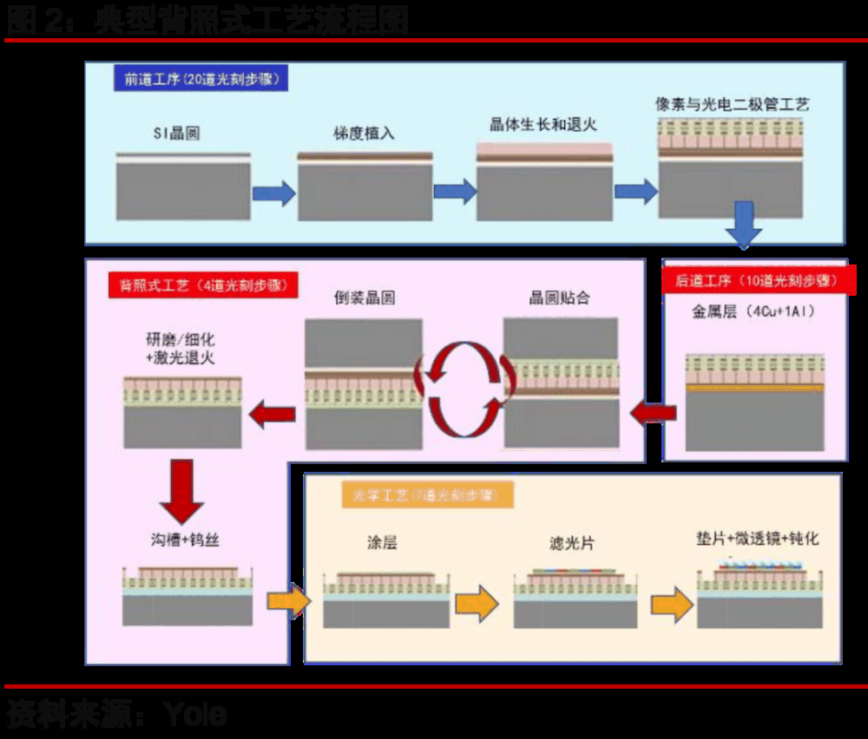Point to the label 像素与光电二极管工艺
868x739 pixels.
tap(733, 104)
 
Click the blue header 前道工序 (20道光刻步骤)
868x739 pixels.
tap(201, 79)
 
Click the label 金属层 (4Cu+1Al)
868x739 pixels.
tap(753, 311)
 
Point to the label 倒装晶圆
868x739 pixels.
tap(365, 298)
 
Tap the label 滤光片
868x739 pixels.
tap(572, 544)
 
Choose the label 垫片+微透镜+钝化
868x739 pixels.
tap(758, 538)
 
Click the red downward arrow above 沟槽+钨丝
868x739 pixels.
tap(182, 490)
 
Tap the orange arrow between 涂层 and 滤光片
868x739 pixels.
tap(477, 604)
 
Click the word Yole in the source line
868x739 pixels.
tap(195, 715)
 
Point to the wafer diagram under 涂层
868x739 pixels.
tap(386, 598)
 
